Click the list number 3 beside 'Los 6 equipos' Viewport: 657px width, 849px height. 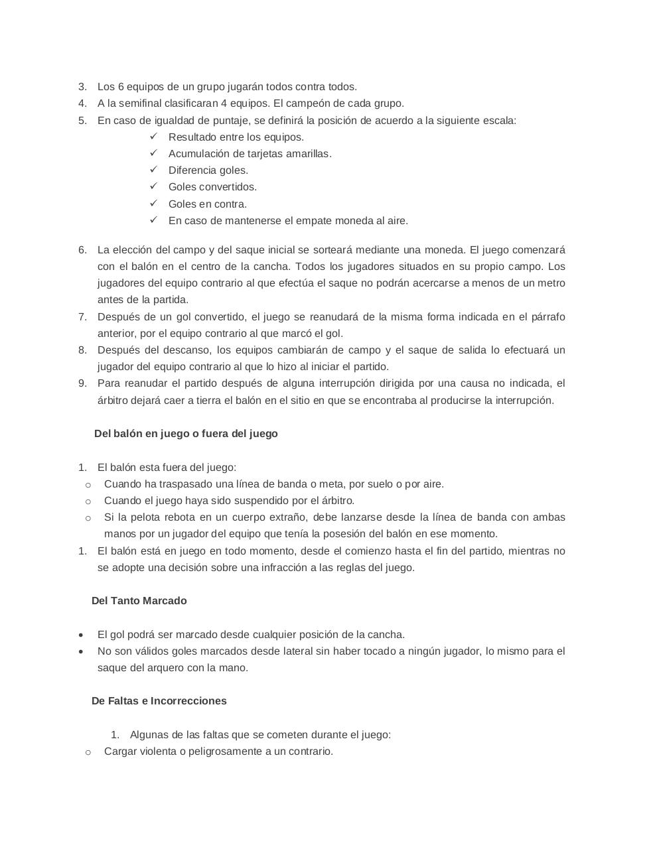[x=82, y=87]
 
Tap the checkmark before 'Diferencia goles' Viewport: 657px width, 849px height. [x=153, y=170]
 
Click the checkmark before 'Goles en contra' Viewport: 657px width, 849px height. [x=153, y=204]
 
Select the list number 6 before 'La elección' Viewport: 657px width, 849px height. [x=82, y=250]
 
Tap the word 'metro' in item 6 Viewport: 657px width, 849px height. [x=550, y=283]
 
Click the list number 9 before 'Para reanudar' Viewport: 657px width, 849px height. [x=82, y=383]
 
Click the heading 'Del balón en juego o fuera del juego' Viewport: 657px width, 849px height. [x=186, y=434]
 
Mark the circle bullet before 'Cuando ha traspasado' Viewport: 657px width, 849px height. [x=88, y=485]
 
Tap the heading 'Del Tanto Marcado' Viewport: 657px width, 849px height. [x=139, y=601]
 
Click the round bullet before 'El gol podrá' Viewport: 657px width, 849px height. [x=81, y=635]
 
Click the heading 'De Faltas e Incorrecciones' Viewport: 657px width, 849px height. [x=159, y=701]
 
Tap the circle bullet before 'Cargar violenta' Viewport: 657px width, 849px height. [x=88, y=752]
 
